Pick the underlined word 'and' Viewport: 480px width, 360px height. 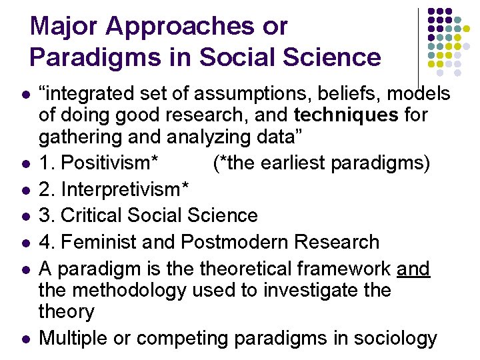[x=413, y=269]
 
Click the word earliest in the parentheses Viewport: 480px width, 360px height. [x=294, y=163]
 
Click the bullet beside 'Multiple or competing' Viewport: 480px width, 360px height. [x=25, y=339]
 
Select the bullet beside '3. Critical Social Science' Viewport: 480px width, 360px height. [x=25, y=216]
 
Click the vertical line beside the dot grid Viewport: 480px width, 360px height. [x=418, y=47]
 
